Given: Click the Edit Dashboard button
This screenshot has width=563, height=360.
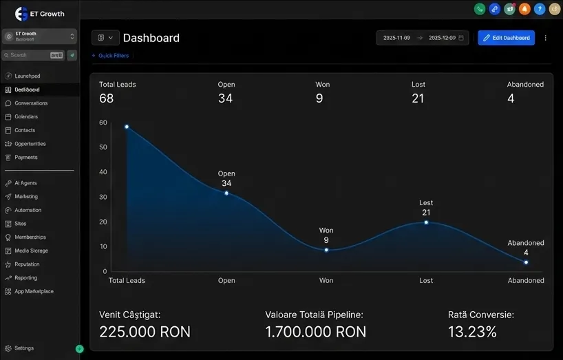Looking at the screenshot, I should click(506, 38).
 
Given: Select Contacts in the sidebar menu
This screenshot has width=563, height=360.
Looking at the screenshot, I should click(25, 130).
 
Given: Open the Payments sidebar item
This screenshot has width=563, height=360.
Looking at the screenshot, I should click(26, 158).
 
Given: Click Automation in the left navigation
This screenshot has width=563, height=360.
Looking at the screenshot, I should click(28, 210).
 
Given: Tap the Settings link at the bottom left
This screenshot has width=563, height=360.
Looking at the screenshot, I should click(24, 348).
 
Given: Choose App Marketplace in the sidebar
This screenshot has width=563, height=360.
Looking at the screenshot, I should click(34, 291).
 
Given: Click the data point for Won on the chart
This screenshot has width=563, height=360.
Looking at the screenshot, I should click(326, 250).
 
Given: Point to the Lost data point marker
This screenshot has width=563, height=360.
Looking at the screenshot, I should click(426, 222).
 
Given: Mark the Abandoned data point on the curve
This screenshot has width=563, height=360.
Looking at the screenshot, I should click(526, 262).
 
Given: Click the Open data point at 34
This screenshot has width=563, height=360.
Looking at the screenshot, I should click(226, 193).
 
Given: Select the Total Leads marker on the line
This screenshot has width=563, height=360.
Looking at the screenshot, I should click(127, 127).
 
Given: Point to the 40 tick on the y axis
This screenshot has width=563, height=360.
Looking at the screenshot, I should click(103, 172).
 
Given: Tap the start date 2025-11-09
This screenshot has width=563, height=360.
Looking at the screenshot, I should click(396, 38).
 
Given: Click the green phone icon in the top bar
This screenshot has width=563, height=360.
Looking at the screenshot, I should click(480, 9).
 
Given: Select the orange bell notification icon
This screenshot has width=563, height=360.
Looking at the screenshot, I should click(524, 9).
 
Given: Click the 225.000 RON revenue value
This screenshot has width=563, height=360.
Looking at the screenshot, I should click(145, 332).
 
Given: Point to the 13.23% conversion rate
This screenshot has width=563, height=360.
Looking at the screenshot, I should click(472, 332).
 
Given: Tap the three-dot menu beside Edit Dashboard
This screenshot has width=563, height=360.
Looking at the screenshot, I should click(546, 38).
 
